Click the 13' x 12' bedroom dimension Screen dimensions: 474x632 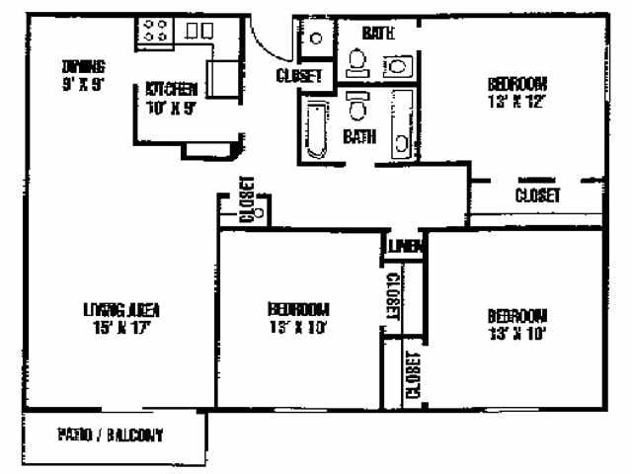(x=517, y=100)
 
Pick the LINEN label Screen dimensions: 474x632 (x=403, y=245)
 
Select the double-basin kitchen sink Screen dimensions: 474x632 (x=198, y=31)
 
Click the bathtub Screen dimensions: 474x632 (x=318, y=130)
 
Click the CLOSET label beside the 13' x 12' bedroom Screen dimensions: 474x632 (x=538, y=196)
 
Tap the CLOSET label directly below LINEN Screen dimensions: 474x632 (x=392, y=296)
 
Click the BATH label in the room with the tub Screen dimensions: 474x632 (x=358, y=137)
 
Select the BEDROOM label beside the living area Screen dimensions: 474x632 (x=297, y=308)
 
